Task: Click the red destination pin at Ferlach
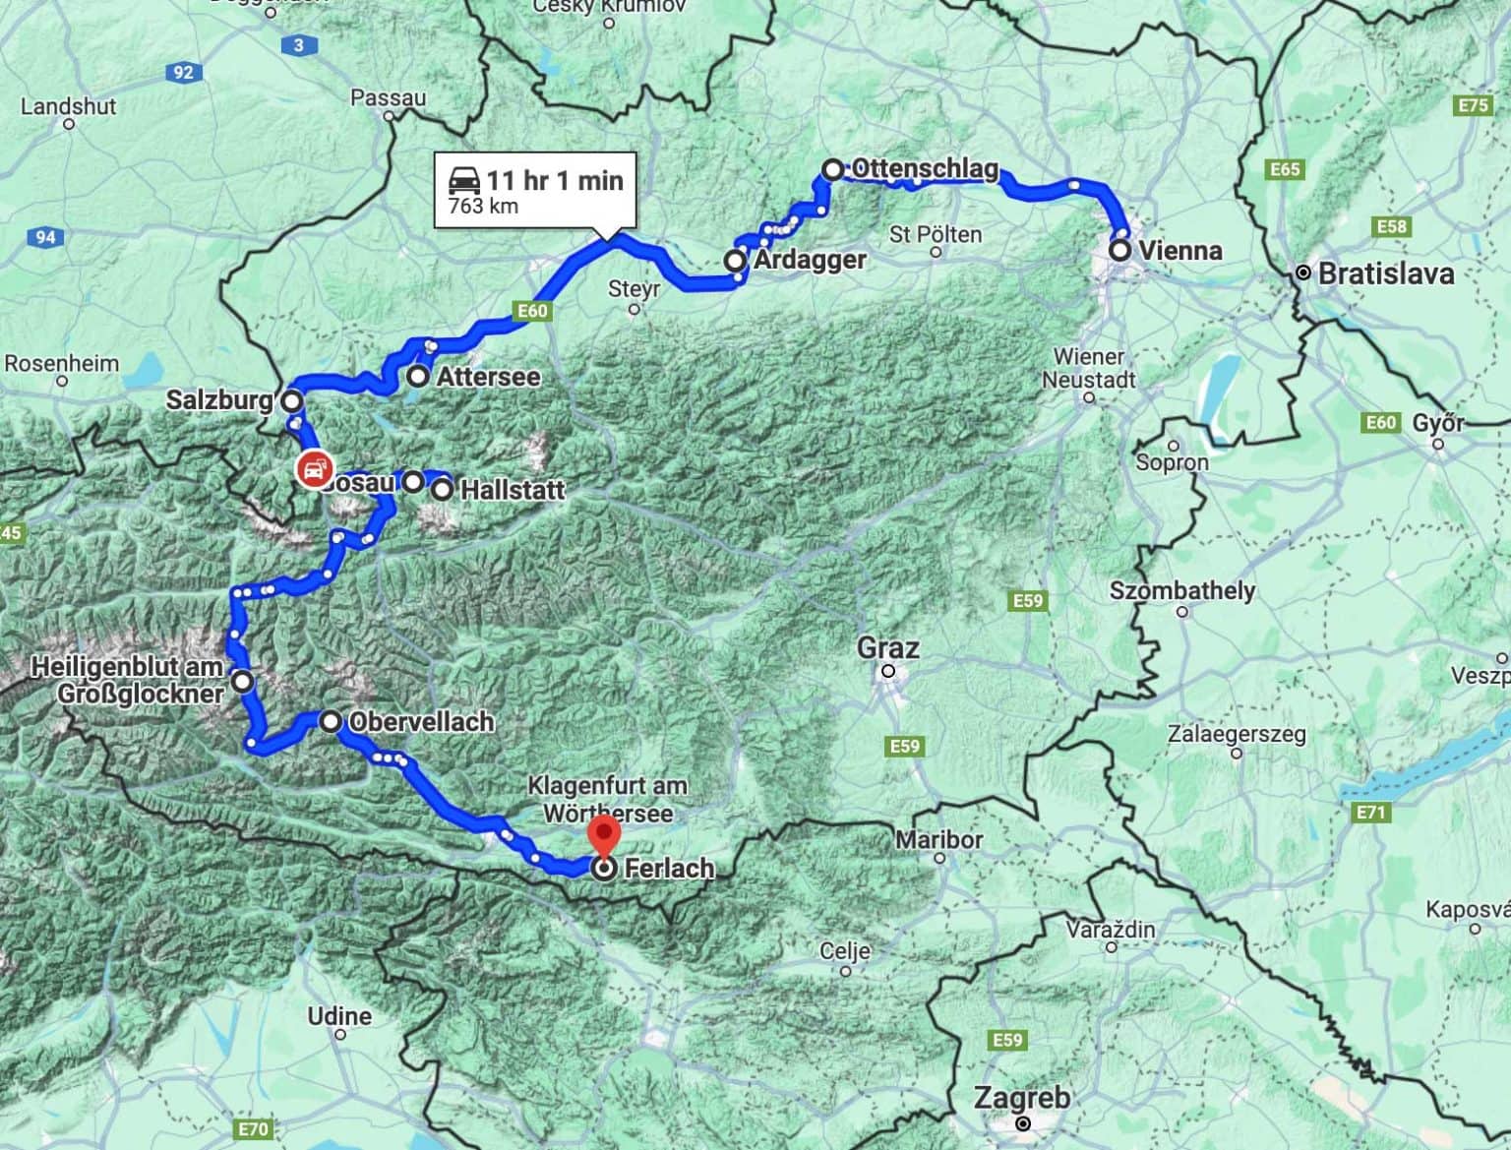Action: tap(603, 835)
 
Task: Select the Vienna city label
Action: tap(1179, 250)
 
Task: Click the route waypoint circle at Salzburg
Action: tap(292, 401)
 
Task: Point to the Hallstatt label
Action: tap(513, 490)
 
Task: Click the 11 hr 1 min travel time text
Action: tap(554, 180)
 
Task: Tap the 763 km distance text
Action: tap(483, 207)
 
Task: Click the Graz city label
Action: tap(888, 648)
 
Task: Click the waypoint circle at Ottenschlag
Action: tap(832, 170)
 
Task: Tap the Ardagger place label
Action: tap(810, 260)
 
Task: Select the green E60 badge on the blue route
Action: tap(532, 311)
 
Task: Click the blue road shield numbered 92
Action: tap(183, 72)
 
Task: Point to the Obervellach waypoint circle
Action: tap(332, 721)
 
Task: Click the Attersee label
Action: tap(488, 377)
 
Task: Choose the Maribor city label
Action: tap(938, 840)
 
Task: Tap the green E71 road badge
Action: tap(1370, 812)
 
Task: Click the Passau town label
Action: tap(389, 98)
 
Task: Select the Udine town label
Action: tap(339, 1016)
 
